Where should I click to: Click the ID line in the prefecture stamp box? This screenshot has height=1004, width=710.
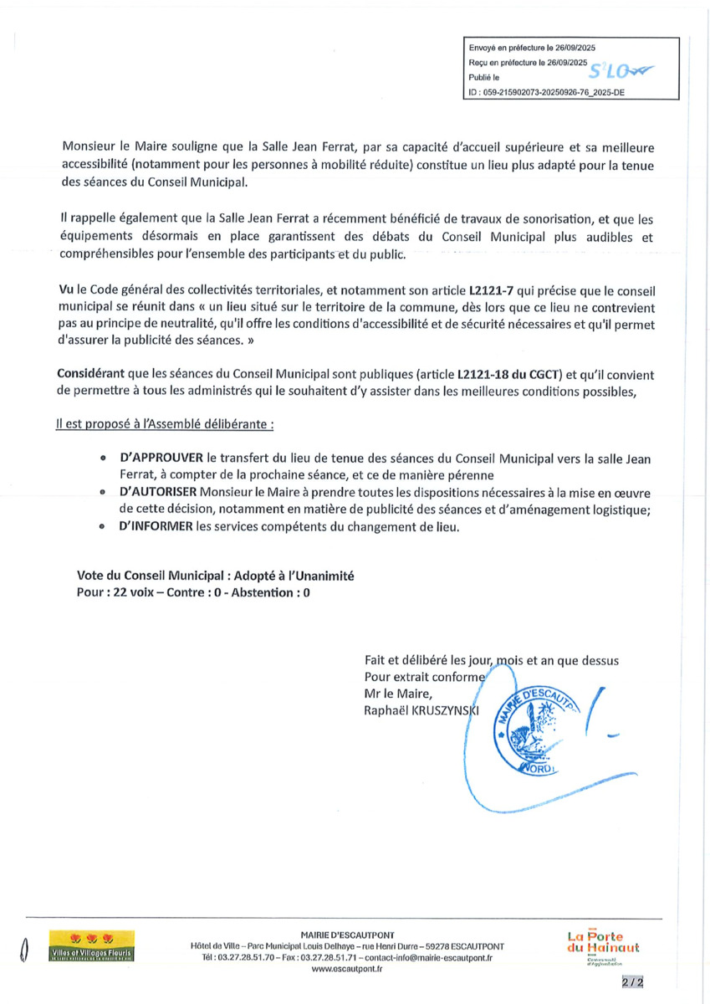pos(547,94)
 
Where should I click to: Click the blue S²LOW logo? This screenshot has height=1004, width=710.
pos(623,71)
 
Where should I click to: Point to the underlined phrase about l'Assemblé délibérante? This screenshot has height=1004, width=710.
pos(164,424)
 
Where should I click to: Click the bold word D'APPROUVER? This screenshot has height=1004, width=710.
pos(160,458)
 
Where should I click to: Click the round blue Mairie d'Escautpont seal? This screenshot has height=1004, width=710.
pos(535,715)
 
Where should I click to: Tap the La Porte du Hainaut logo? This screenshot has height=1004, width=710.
pos(602,946)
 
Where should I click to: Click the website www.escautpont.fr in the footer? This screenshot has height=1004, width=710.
pos(346,969)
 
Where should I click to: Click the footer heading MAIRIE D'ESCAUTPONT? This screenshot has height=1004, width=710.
pos(347,935)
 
